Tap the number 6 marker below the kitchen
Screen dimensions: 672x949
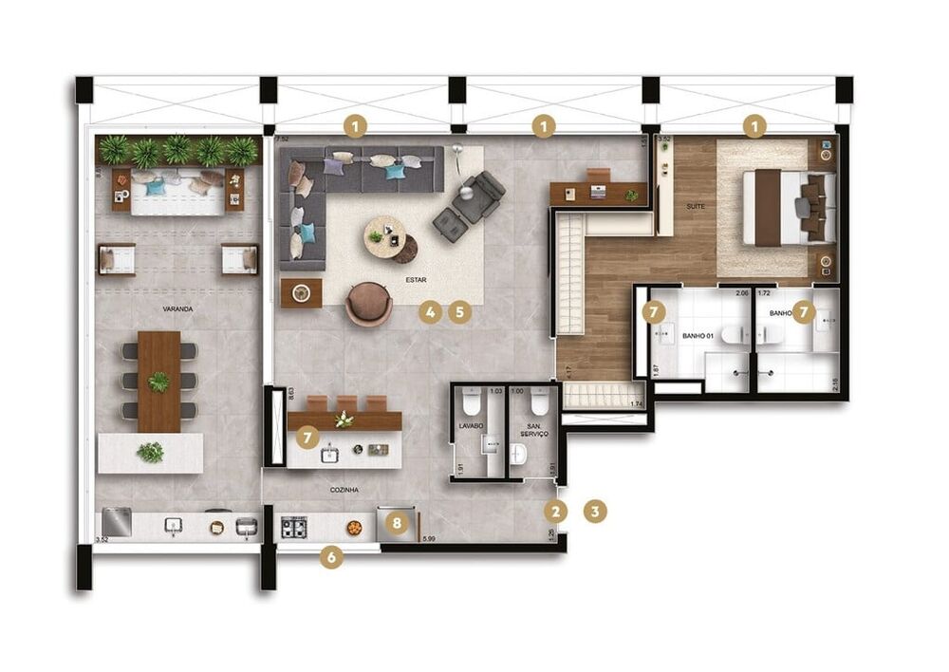[331, 558]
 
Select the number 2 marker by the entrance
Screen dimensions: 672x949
[556, 511]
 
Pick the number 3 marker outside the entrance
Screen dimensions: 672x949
[595, 511]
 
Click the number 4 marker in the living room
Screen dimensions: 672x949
[431, 311]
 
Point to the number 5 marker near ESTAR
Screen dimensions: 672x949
[460, 311]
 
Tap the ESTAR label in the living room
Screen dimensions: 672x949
[416, 281]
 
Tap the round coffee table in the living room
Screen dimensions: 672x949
[385, 237]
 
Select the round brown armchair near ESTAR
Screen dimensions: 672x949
[368, 304]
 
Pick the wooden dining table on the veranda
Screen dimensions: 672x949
[158, 381]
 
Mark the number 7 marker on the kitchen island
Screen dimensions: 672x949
[306, 437]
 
